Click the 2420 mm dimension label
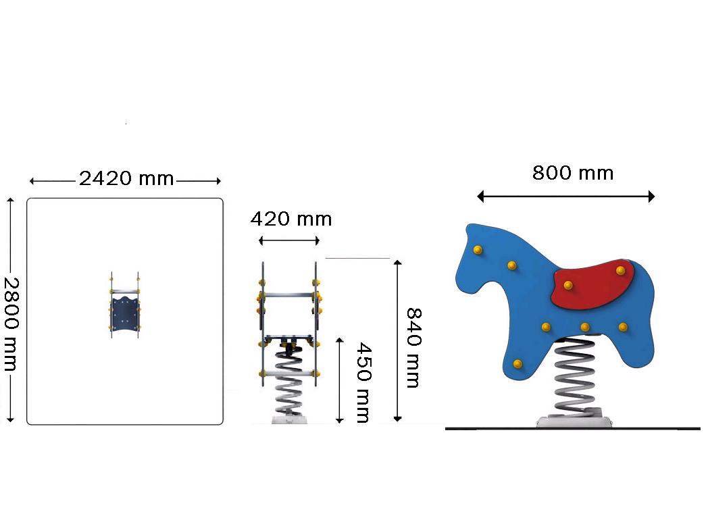pyautogui.click(x=126, y=179)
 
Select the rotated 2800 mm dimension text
pyautogui.click(x=11, y=324)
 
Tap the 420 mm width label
pyautogui.click(x=291, y=220)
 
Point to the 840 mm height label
pyautogui.click(x=413, y=348)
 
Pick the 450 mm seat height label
pyautogui.click(x=363, y=383)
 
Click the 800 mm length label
pyautogui.click(x=573, y=173)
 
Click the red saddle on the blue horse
pyautogui.click(x=592, y=285)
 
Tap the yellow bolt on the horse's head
pyautogui.click(x=478, y=251)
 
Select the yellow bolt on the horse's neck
pyautogui.click(x=512, y=265)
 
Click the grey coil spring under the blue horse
pyautogui.click(x=575, y=376)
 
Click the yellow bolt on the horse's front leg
pyautogui.click(x=518, y=364)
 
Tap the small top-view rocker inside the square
pyautogui.click(x=125, y=305)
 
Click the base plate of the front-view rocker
pyautogui.click(x=290, y=419)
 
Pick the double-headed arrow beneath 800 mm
pyautogui.click(x=565, y=197)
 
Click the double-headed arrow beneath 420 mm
pyautogui.click(x=289, y=241)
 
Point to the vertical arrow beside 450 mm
pyautogui.click(x=340, y=380)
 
